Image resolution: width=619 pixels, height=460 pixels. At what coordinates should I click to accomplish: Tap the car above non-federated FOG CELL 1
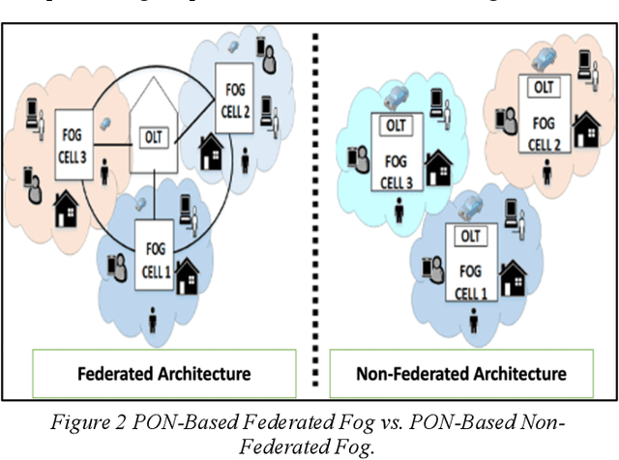(x=472, y=205)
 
